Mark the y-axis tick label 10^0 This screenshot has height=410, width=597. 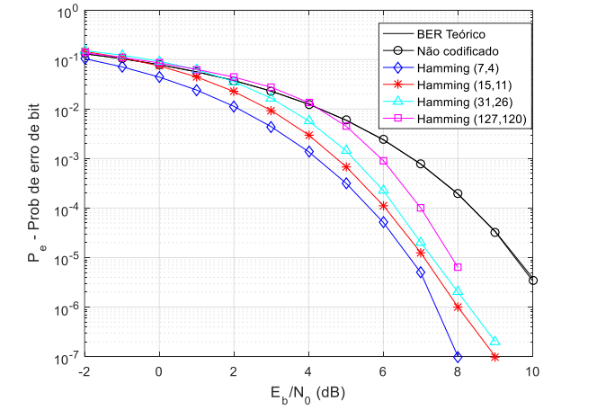66,13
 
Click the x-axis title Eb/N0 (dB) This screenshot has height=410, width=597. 308,392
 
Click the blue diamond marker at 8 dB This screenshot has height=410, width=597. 458,356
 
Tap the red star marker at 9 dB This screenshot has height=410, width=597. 495,357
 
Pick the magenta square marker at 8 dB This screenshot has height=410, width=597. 458,267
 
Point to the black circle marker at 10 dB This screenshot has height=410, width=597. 533,281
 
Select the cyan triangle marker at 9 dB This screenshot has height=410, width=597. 495,341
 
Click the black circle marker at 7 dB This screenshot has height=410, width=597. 421,164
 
